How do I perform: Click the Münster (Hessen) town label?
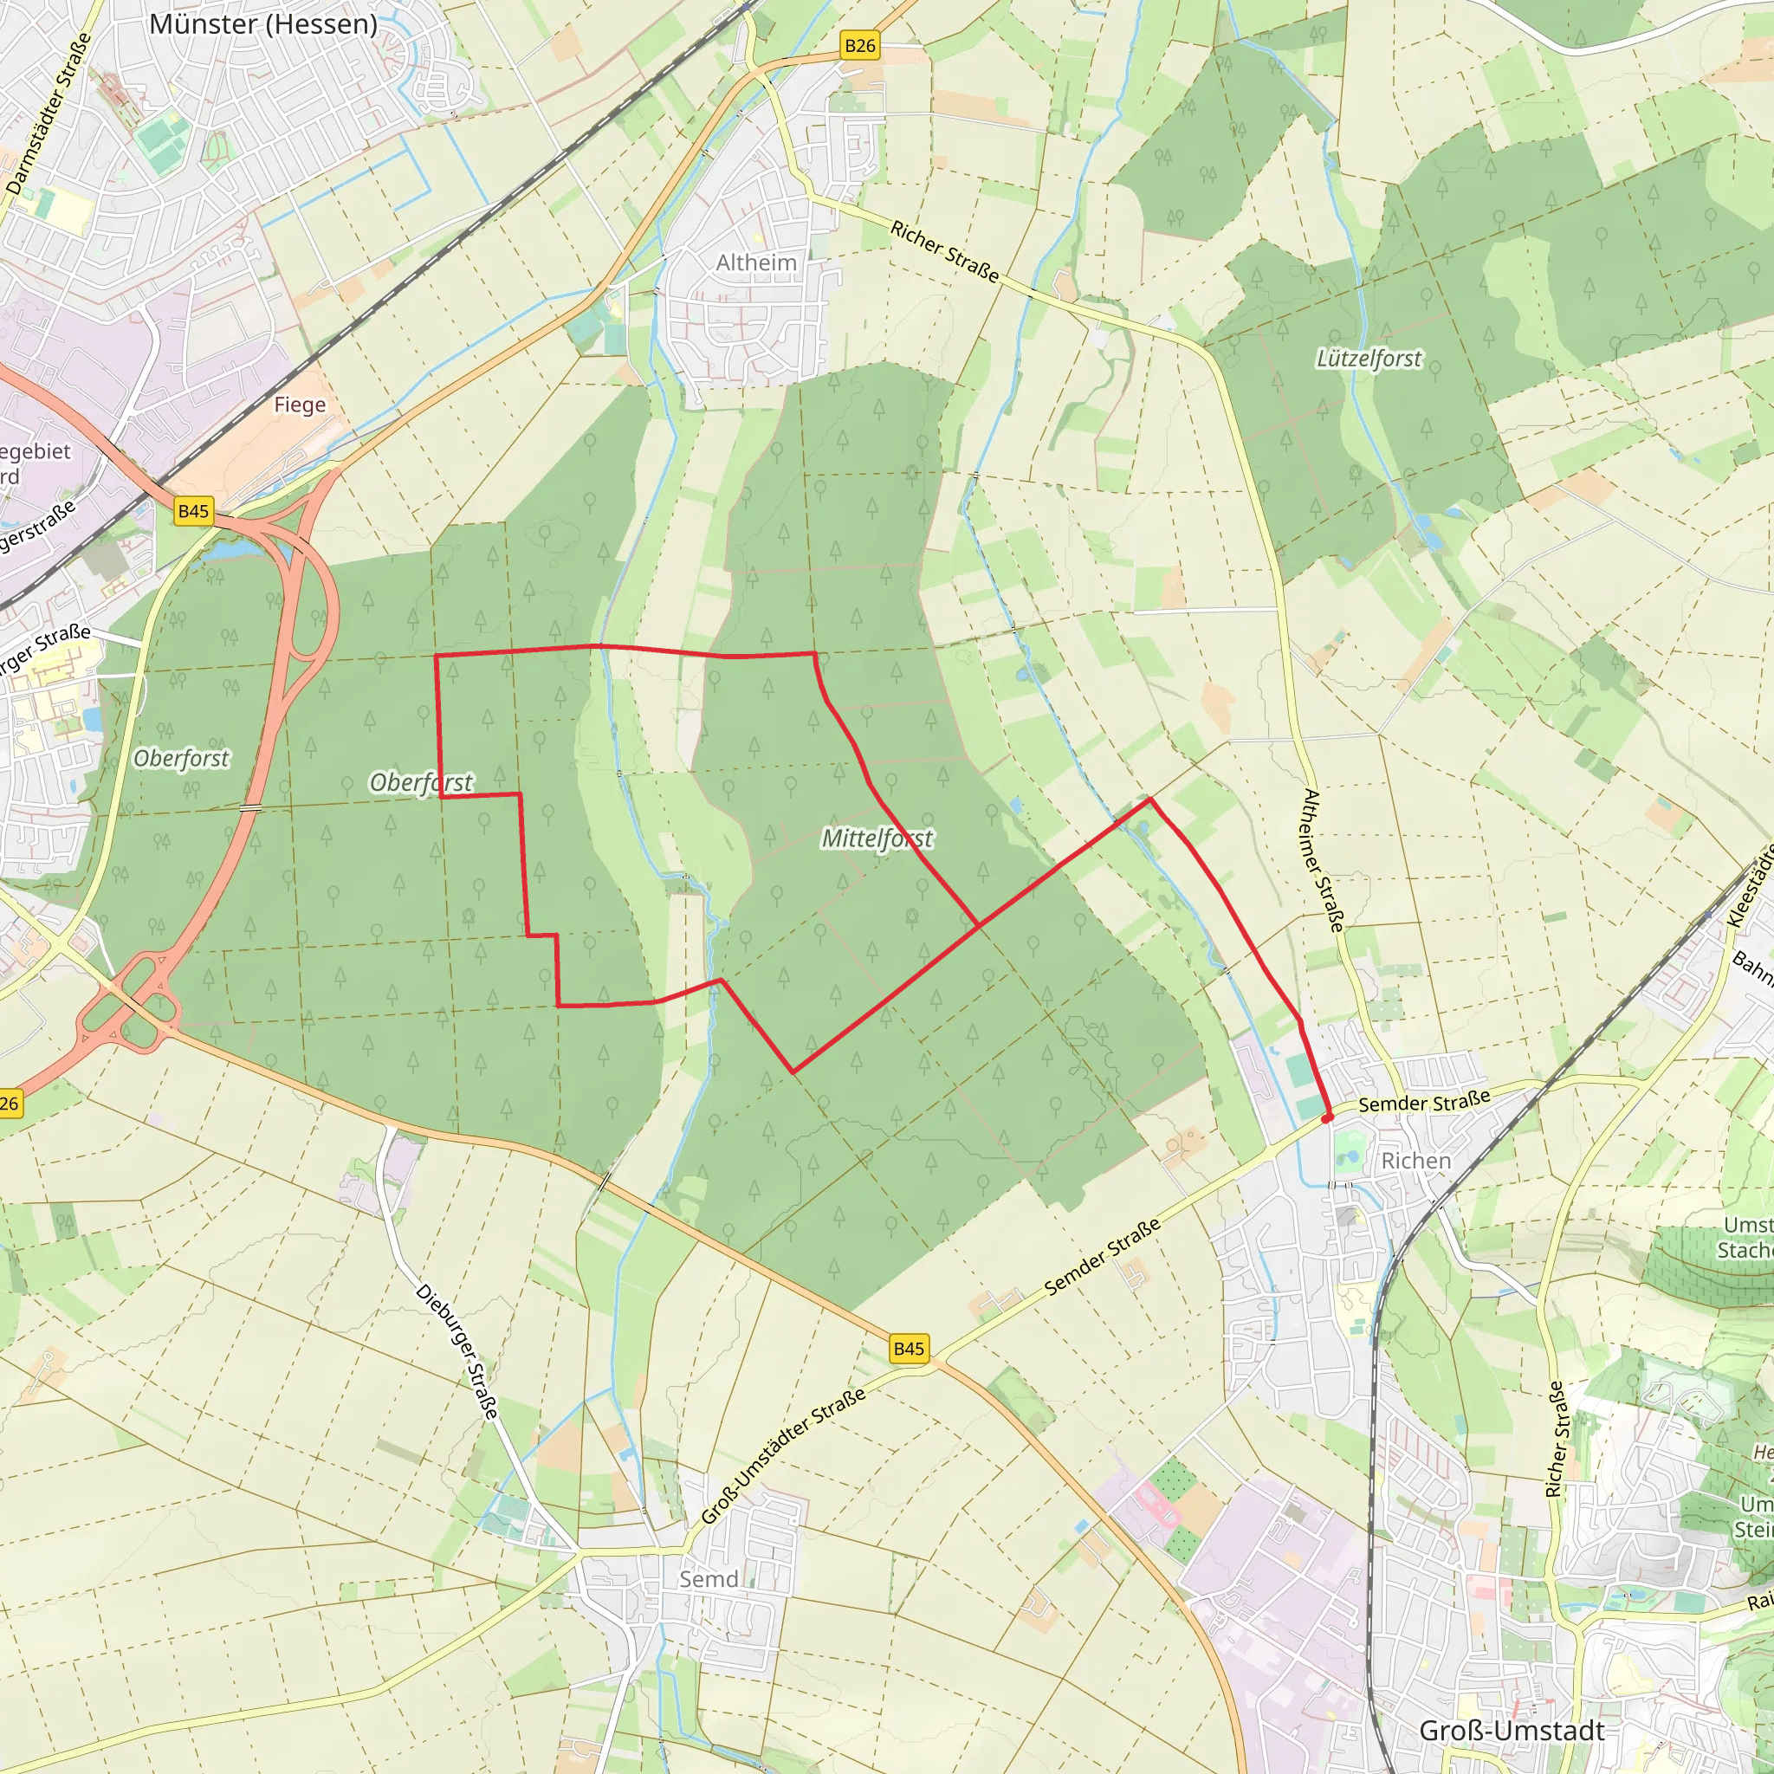click(263, 25)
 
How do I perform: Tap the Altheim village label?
click(755, 262)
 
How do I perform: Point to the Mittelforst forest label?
click(877, 838)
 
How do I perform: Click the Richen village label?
click(1416, 1162)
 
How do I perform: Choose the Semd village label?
click(708, 1579)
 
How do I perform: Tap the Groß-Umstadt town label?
click(1512, 1731)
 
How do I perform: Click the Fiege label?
click(300, 405)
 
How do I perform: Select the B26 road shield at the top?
click(859, 46)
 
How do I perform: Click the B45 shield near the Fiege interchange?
click(194, 511)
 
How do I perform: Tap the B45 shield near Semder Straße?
click(908, 1349)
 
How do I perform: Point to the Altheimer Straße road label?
click(1324, 860)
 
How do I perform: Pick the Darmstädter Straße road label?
click(49, 113)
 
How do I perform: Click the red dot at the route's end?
click(1327, 1117)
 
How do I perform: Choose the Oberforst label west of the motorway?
click(181, 759)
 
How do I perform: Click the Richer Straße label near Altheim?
click(944, 250)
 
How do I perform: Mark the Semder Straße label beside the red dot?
click(1424, 1103)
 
